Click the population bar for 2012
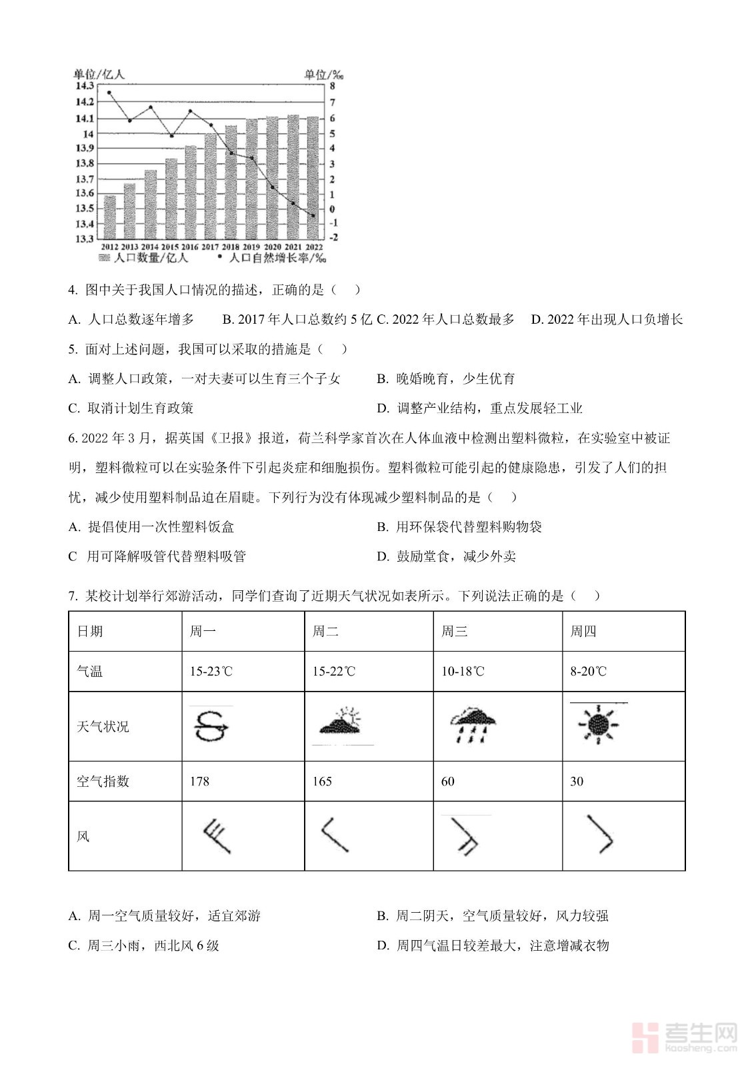pos(109,217)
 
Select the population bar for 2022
pos(313,177)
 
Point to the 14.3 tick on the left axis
pos(84,86)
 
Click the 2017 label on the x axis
pos(210,247)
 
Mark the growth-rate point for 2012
pos(109,93)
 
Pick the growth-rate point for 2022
pos(313,215)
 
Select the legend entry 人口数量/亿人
pos(145,258)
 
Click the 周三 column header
pos(455,631)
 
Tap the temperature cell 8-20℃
pos(588,672)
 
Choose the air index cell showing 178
pos(199,781)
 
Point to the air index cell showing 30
pos(577,781)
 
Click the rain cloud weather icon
pos(473,725)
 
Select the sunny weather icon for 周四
pos(598,724)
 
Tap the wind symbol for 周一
pos(217,837)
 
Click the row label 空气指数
pos(103,781)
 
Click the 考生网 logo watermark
pos(687,1037)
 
